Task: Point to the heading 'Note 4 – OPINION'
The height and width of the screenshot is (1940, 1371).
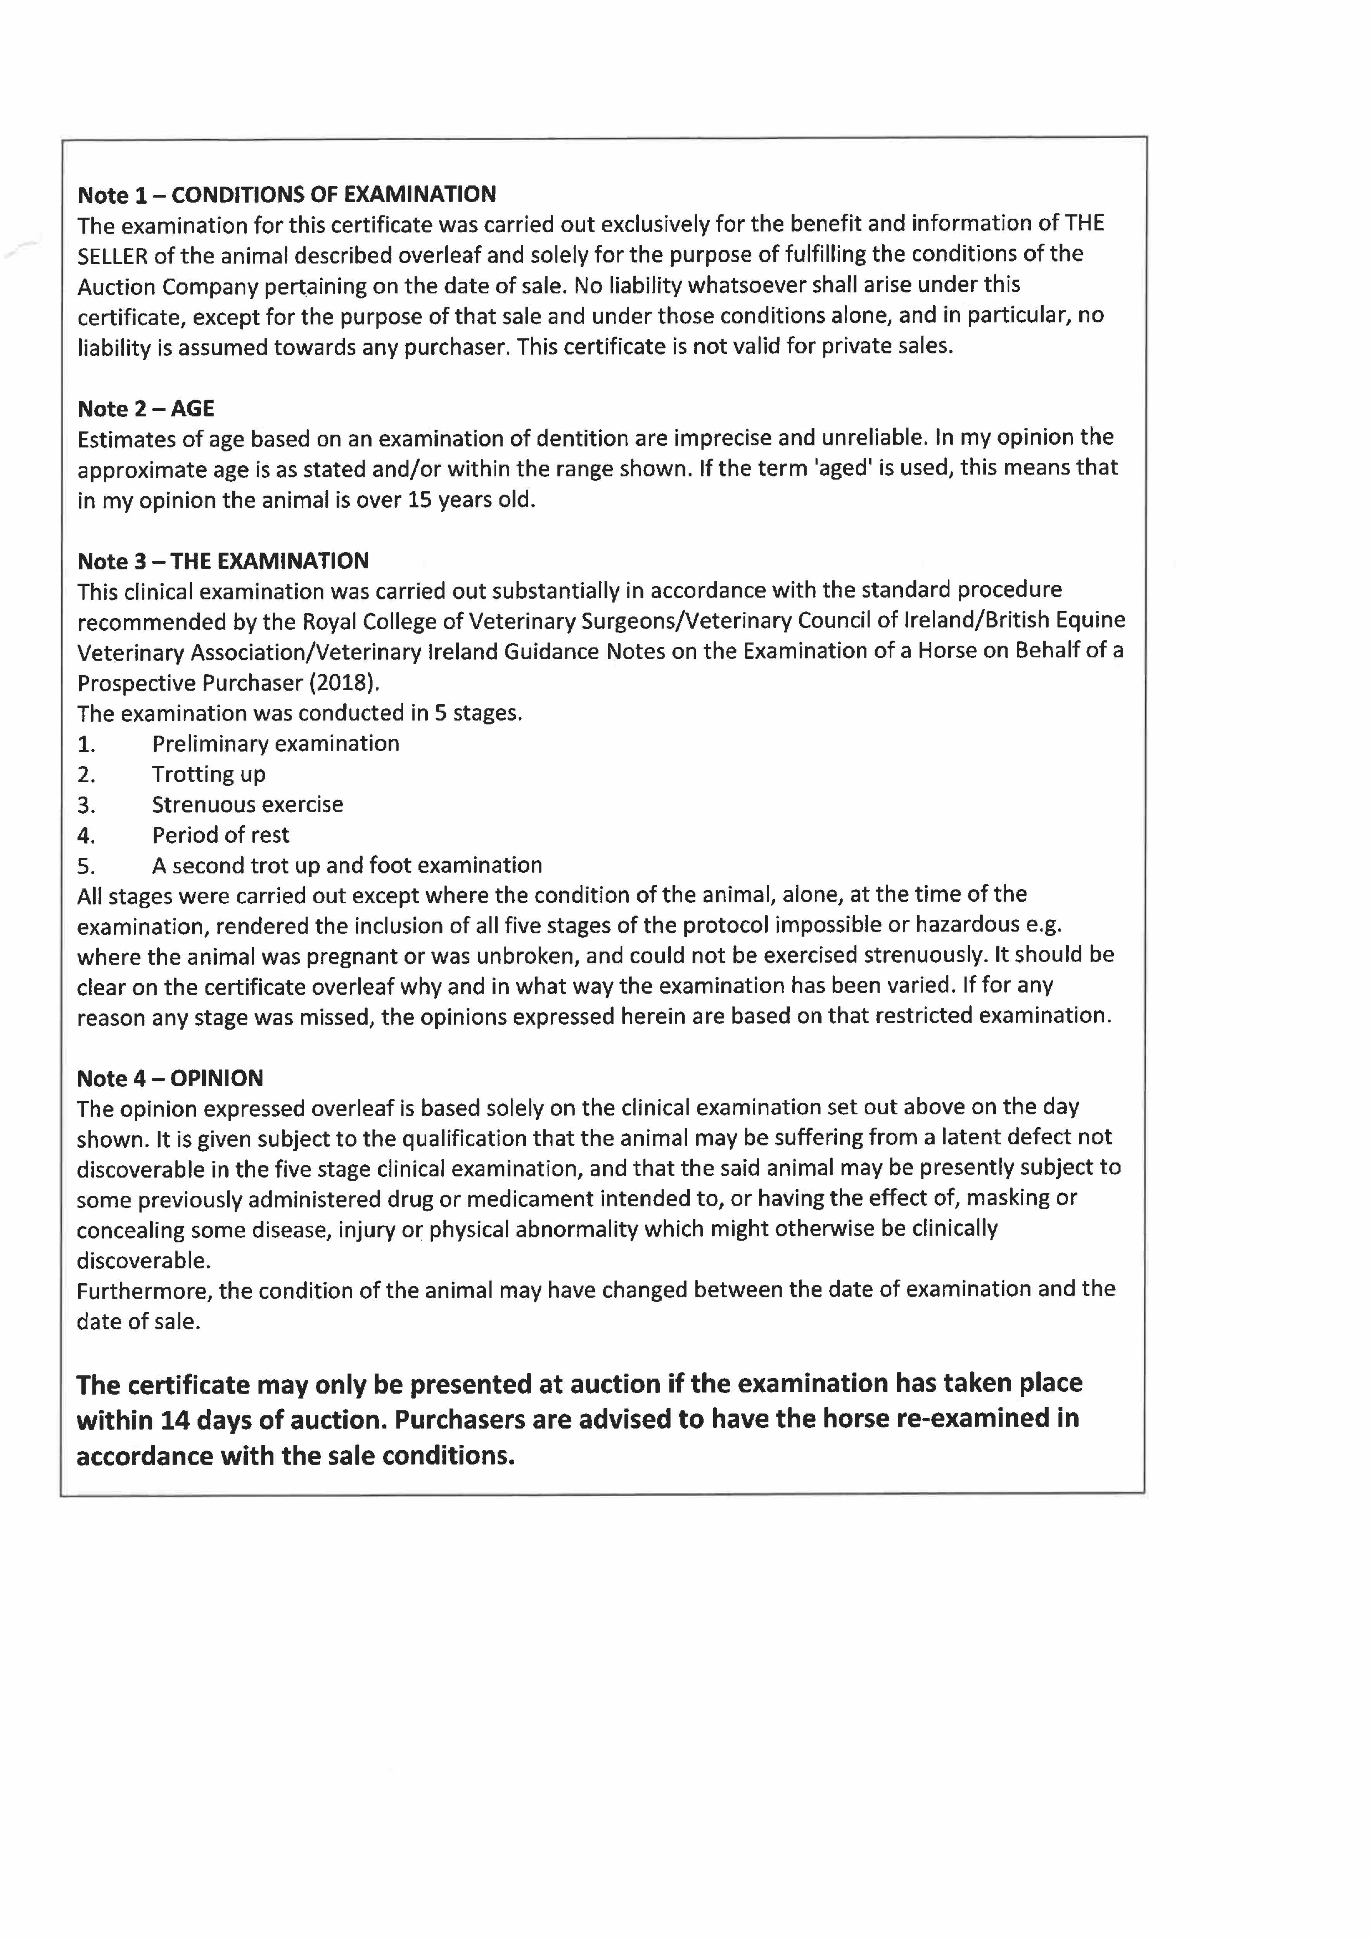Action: (x=170, y=1078)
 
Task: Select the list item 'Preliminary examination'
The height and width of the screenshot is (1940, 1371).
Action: (x=275, y=743)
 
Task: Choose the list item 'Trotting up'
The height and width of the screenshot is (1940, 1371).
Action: (x=209, y=774)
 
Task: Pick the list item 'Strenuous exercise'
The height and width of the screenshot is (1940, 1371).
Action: (x=247, y=804)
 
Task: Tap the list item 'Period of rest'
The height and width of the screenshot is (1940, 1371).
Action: (x=220, y=835)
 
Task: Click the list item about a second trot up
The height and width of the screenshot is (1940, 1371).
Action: (x=346, y=865)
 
